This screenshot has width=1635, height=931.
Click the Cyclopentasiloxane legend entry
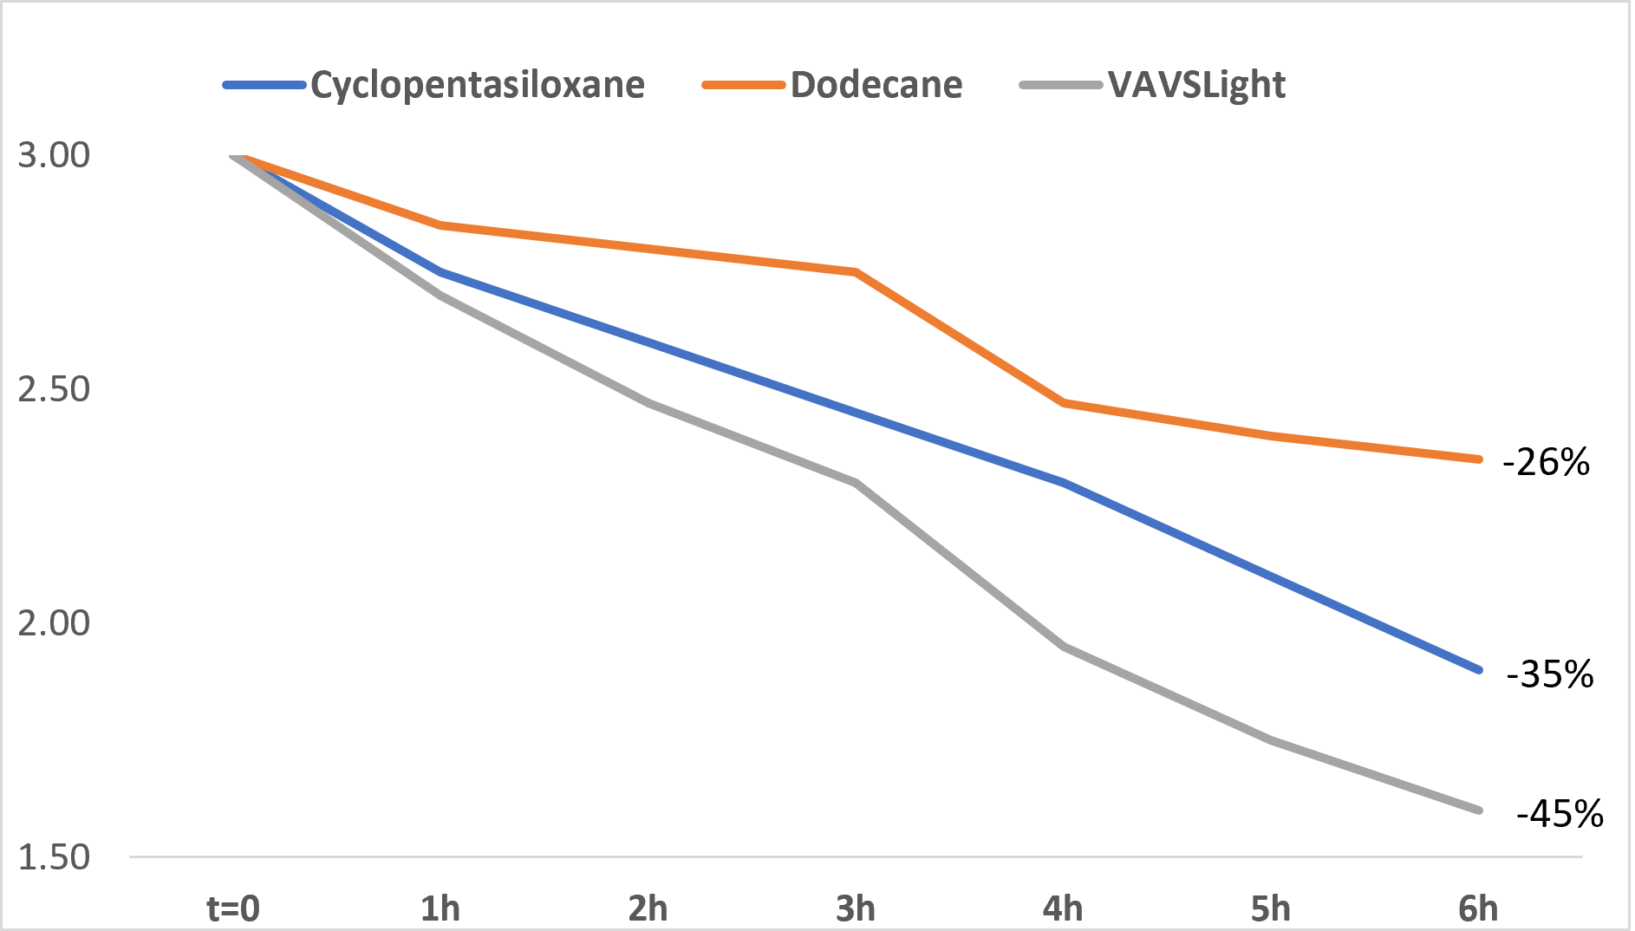click(x=477, y=85)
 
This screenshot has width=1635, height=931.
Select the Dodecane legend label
click(x=876, y=85)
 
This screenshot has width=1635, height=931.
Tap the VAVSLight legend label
click(x=1196, y=85)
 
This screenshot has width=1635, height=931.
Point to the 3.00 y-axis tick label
click(x=54, y=155)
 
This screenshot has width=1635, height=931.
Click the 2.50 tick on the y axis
click(x=54, y=389)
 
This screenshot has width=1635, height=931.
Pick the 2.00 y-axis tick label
click(x=54, y=623)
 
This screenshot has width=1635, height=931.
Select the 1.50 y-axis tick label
click(x=54, y=857)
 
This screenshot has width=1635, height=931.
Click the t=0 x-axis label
click(x=233, y=908)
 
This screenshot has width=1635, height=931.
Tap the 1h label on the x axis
click(x=440, y=908)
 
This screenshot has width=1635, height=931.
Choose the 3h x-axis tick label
click(x=856, y=908)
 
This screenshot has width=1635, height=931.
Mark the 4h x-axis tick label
click(x=1063, y=908)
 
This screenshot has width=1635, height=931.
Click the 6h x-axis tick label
click(x=1478, y=908)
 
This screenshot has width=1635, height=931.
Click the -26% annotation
click(x=1547, y=463)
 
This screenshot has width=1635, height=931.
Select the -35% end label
click(x=1550, y=674)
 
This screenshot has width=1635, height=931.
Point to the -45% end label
click(x=1560, y=814)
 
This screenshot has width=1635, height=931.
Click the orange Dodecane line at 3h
click(x=856, y=272)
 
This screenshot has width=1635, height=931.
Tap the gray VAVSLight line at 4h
click(x=1063, y=647)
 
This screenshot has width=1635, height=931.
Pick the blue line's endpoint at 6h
click(x=1478, y=670)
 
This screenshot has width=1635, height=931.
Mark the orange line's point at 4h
click(x=1063, y=403)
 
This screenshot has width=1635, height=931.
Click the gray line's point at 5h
click(x=1271, y=740)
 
